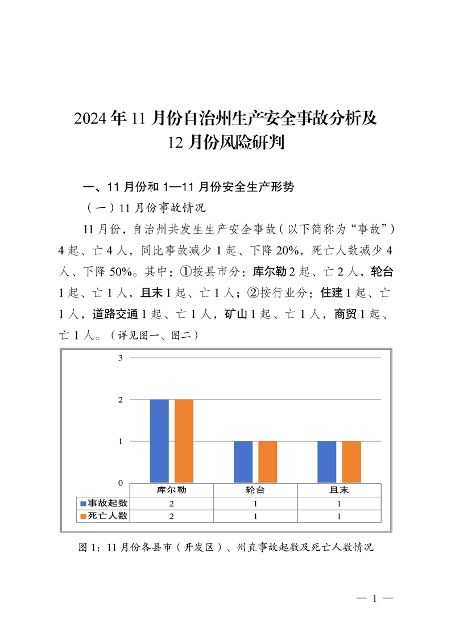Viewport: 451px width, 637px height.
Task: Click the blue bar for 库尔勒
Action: [159, 441]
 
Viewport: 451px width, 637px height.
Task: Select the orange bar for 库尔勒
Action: [184, 441]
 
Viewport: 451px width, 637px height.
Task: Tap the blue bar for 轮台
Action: [243, 462]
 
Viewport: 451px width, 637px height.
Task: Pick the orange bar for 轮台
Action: [268, 462]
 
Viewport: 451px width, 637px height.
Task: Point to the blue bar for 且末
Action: [326, 462]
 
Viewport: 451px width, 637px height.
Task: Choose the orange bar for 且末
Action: [351, 462]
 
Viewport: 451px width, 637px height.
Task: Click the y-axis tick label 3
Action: [121, 358]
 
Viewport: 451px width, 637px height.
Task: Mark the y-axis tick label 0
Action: [121, 483]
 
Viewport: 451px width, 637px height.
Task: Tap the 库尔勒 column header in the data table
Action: [171, 490]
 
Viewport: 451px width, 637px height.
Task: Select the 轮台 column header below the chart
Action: [255, 490]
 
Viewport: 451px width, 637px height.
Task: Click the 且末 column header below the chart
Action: [339, 490]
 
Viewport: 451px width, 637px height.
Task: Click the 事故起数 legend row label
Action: [107, 503]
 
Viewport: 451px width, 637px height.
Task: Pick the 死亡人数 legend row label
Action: [107, 516]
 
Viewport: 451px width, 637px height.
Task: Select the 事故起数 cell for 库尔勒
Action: [171, 504]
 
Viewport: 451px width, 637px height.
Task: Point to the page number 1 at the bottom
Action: [375, 598]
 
